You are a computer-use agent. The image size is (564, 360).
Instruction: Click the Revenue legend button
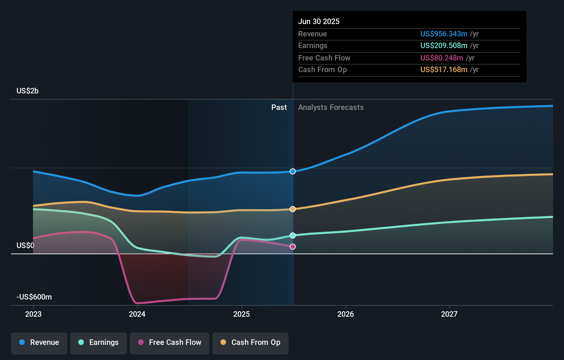click(39, 342)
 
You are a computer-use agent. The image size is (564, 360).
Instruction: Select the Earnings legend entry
click(99, 342)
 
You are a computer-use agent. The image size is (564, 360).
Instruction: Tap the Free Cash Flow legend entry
click(170, 342)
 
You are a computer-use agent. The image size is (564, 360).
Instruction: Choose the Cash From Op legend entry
click(250, 342)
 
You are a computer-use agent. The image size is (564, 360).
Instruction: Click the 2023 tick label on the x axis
click(33, 314)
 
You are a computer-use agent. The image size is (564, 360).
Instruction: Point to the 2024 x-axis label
click(137, 314)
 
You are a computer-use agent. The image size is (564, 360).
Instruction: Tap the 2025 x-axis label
click(241, 314)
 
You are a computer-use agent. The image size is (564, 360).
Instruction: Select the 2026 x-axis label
click(346, 314)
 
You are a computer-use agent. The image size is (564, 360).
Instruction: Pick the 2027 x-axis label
click(449, 314)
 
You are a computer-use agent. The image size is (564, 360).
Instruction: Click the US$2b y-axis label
click(27, 91)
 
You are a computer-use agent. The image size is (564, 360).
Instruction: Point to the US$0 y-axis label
click(25, 245)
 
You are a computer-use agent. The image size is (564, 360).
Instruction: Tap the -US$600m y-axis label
click(34, 297)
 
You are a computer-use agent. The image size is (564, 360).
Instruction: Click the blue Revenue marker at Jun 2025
click(293, 171)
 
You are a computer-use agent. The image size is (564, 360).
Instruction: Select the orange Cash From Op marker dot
click(293, 209)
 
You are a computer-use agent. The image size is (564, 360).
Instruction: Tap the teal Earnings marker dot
click(293, 235)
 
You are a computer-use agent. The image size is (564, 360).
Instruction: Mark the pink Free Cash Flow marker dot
click(293, 247)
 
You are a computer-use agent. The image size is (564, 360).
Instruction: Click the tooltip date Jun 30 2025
click(319, 21)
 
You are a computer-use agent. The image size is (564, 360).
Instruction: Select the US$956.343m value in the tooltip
click(444, 34)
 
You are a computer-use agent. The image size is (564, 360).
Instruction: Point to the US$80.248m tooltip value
click(442, 58)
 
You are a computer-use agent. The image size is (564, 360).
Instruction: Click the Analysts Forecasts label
click(331, 107)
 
